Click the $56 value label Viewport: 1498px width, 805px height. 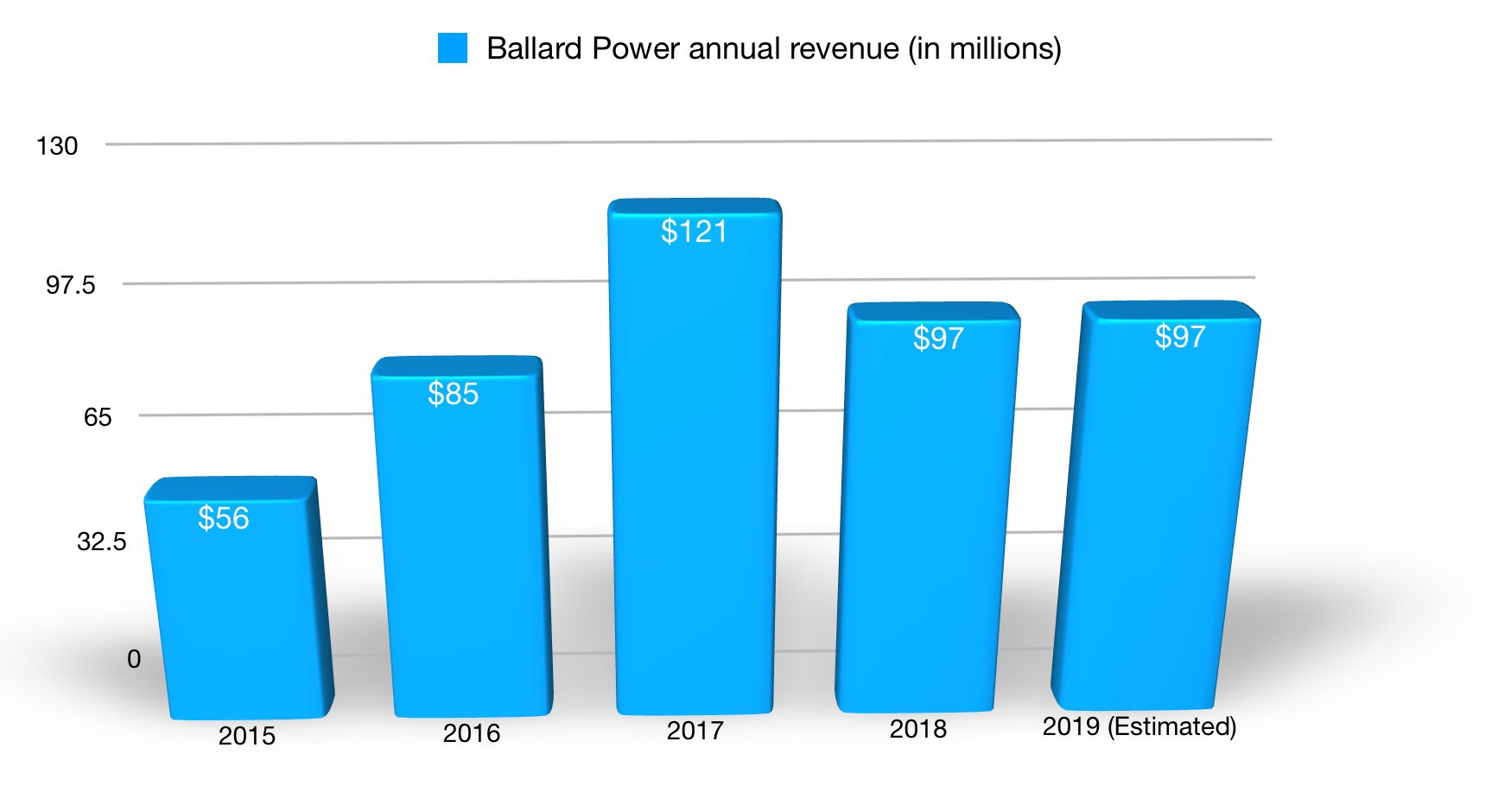point(224,518)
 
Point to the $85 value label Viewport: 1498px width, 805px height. point(453,394)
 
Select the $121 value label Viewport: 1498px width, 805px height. point(694,231)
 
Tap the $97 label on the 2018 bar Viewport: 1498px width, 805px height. point(938,339)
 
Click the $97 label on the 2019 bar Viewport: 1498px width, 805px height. point(1180,337)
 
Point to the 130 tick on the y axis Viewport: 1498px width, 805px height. point(57,146)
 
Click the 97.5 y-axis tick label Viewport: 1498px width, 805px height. point(71,285)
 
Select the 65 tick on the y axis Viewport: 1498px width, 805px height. point(98,418)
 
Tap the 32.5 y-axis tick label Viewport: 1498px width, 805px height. point(102,542)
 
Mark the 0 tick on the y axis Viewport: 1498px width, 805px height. point(134,660)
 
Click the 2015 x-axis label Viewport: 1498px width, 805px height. point(247,736)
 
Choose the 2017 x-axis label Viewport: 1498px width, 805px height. point(695,731)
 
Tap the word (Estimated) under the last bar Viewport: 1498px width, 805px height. point(1174,726)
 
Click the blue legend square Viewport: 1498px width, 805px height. point(453,48)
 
